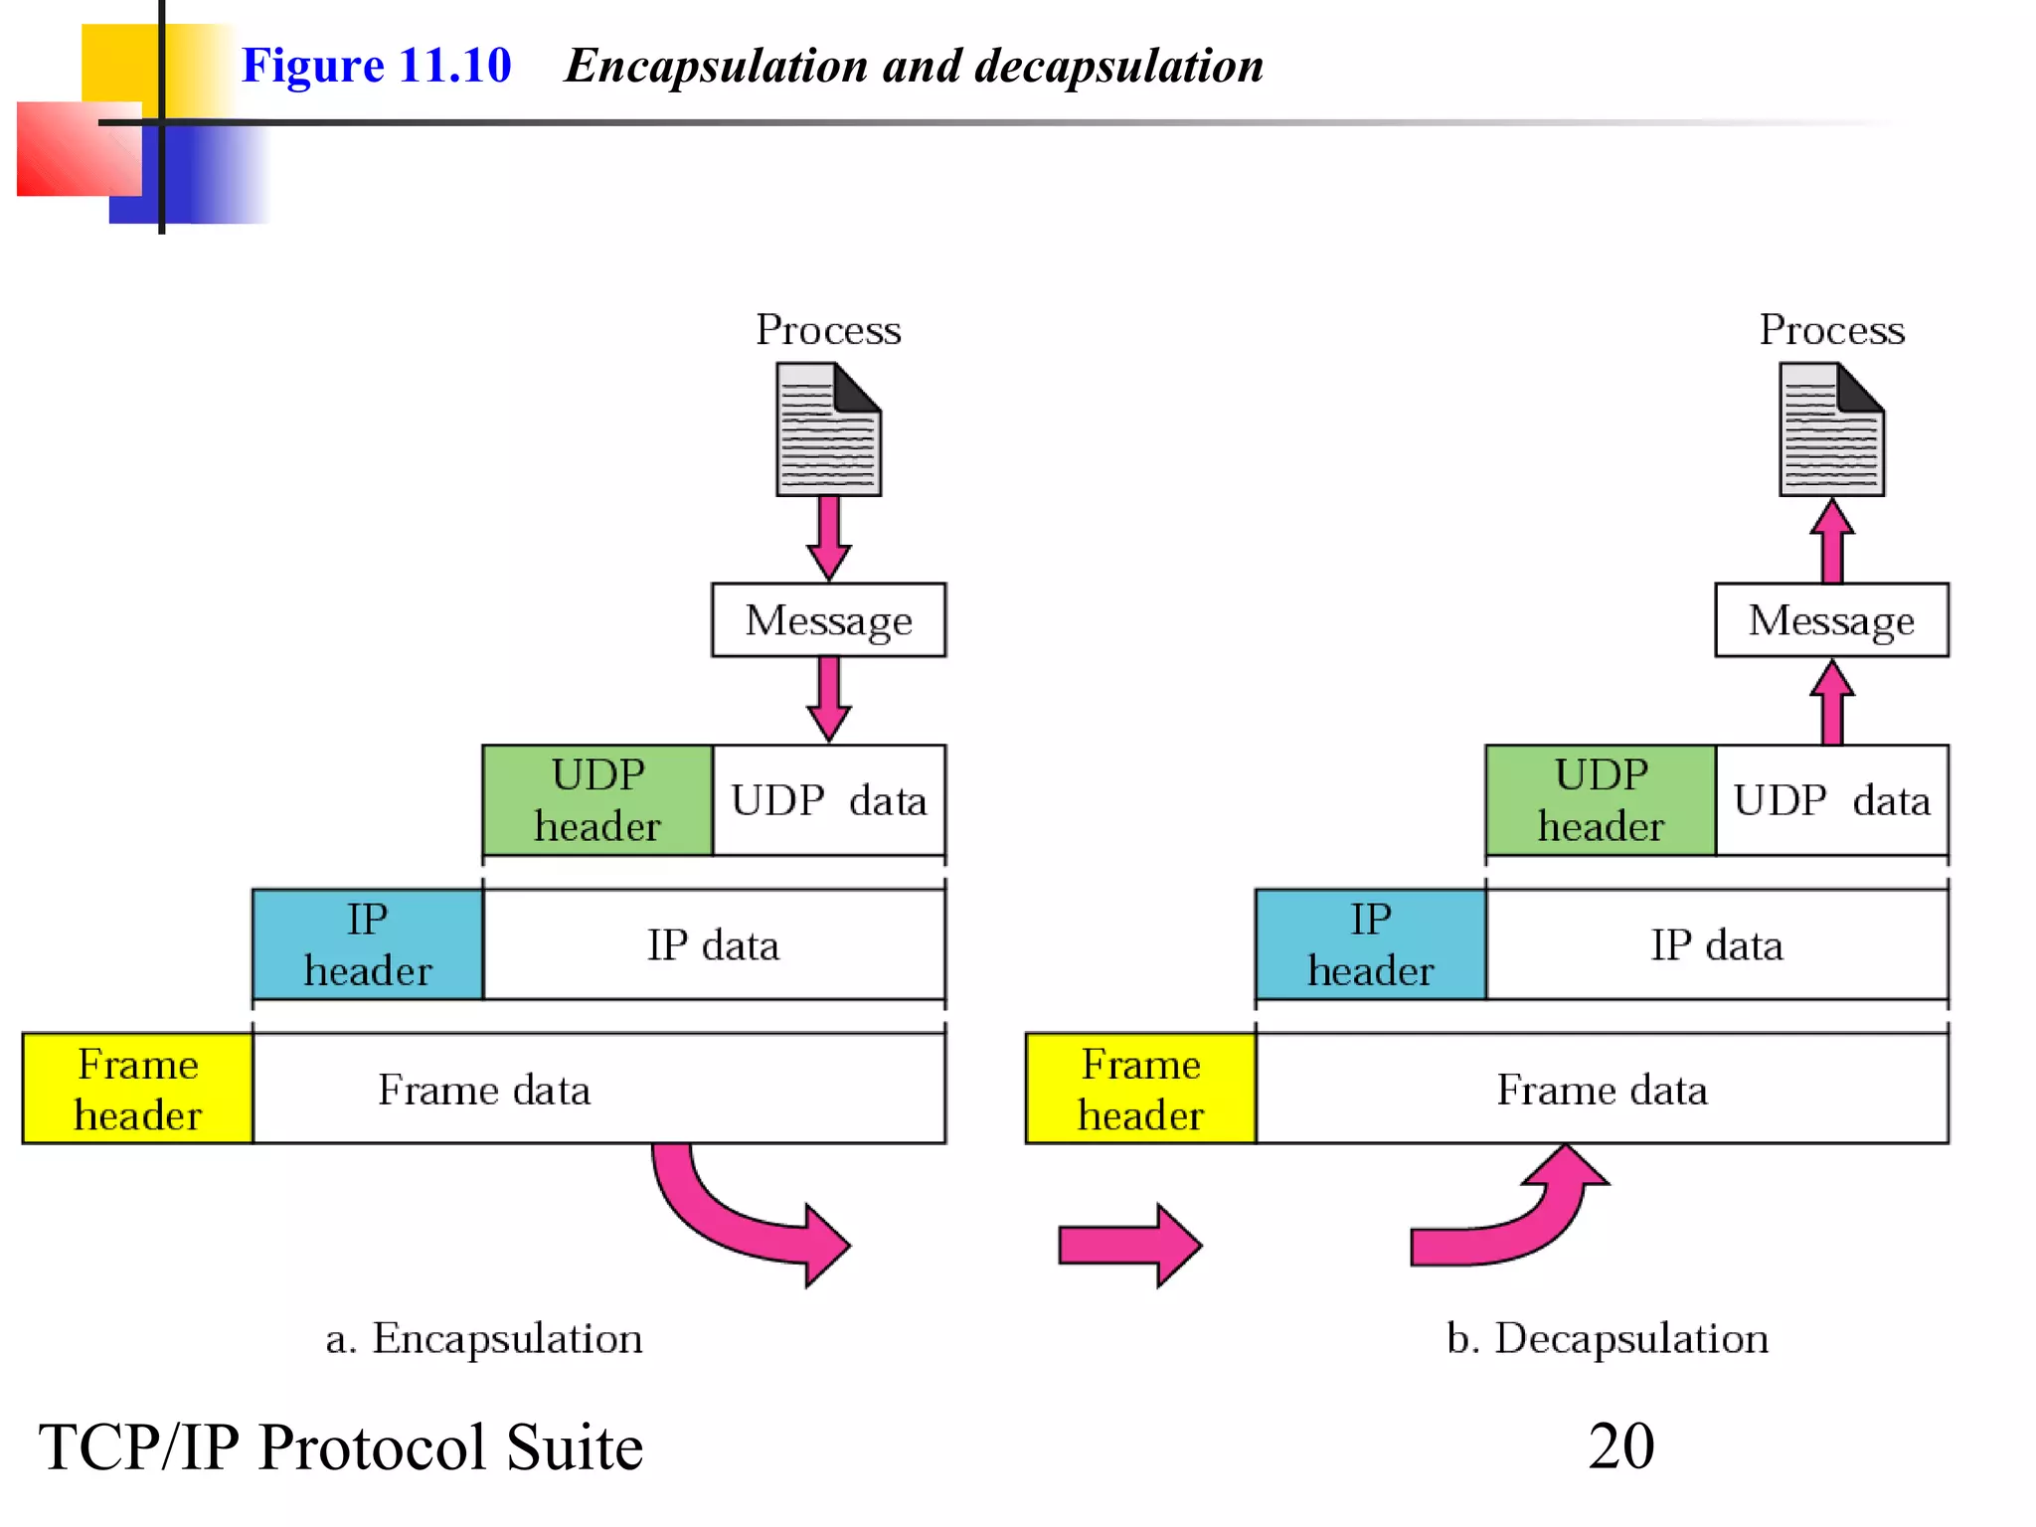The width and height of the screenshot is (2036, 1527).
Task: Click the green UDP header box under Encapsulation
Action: pyautogui.click(x=597, y=800)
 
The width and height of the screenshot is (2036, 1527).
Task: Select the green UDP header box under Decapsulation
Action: pyautogui.click(x=1601, y=800)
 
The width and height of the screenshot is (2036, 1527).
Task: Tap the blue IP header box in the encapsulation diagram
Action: pyautogui.click(x=368, y=944)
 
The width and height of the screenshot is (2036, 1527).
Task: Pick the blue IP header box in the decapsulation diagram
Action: pyautogui.click(x=1371, y=944)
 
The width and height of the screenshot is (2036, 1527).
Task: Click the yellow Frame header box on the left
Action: pyautogui.click(x=137, y=1089)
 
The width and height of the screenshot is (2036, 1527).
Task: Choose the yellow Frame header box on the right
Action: pyautogui.click(x=1140, y=1089)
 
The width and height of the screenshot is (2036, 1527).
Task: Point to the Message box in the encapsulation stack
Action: pyautogui.click(x=828, y=620)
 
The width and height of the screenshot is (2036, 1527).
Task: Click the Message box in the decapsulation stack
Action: pyautogui.click(x=1831, y=620)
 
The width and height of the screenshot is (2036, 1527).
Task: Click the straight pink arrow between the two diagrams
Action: pyautogui.click(x=1128, y=1245)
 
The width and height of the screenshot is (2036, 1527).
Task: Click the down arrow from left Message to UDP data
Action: pyautogui.click(x=828, y=699)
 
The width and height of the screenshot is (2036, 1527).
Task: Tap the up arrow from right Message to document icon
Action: pyautogui.click(x=1831, y=540)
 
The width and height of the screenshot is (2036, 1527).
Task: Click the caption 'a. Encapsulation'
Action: pyautogui.click(x=484, y=1339)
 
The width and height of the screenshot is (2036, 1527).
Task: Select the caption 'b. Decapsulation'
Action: pyautogui.click(x=1608, y=1339)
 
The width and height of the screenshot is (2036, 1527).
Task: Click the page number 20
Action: pyautogui.click(x=1620, y=1446)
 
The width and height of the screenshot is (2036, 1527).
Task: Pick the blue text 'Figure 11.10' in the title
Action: pyautogui.click(x=376, y=66)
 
